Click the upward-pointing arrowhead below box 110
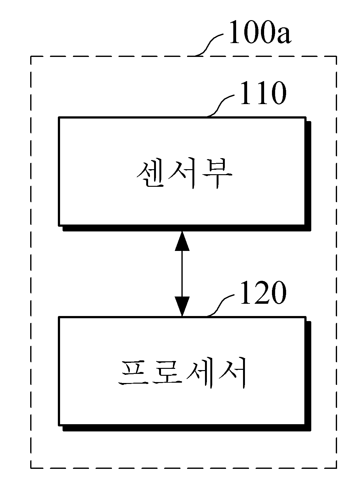coord(182,241)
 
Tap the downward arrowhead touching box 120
coord(182,306)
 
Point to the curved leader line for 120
coord(220,305)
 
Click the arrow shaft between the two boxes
coord(182,274)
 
